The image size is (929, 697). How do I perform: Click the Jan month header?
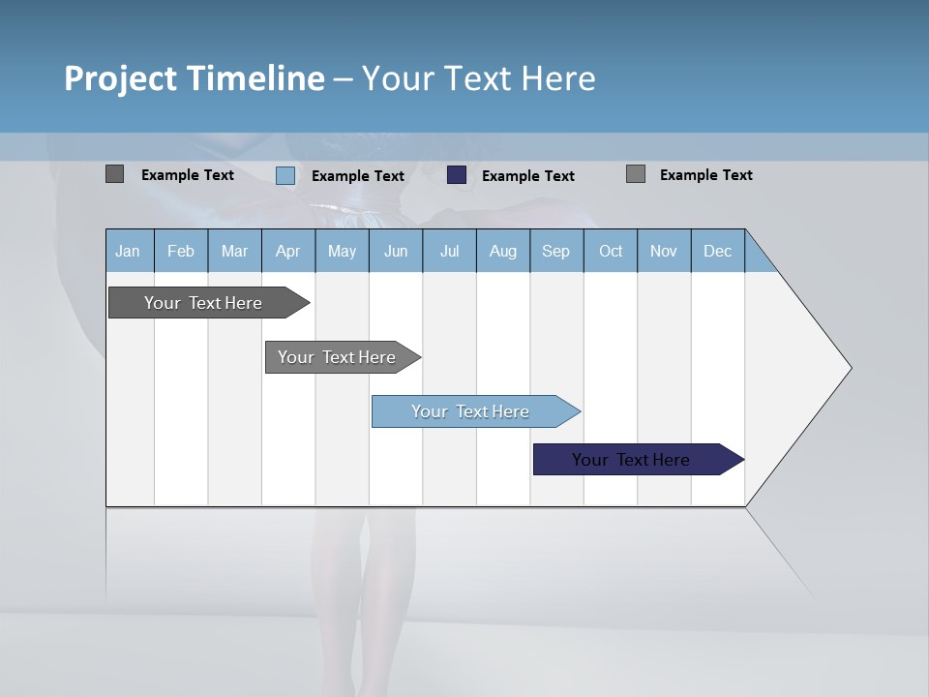point(129,251)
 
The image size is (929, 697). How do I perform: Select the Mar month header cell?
point(234,251)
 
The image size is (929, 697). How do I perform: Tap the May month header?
point(342,251)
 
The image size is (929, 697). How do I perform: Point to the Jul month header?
point(449,251)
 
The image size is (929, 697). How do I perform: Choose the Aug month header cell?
point(502,251)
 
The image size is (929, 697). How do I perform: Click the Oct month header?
point(611,251)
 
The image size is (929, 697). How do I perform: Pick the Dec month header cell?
point(717,251)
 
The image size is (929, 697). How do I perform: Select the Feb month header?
point(181,251)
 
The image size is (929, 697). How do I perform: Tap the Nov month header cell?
point(664,251)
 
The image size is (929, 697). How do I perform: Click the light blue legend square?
point(285,175)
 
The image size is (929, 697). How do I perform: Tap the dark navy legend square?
point(457,175)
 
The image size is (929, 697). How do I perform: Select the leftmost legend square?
point(115,174)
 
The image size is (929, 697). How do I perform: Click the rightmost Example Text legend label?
point(705,175)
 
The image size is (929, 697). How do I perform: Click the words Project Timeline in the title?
point(195,78)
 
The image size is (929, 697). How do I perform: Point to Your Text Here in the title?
point(478,78)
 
